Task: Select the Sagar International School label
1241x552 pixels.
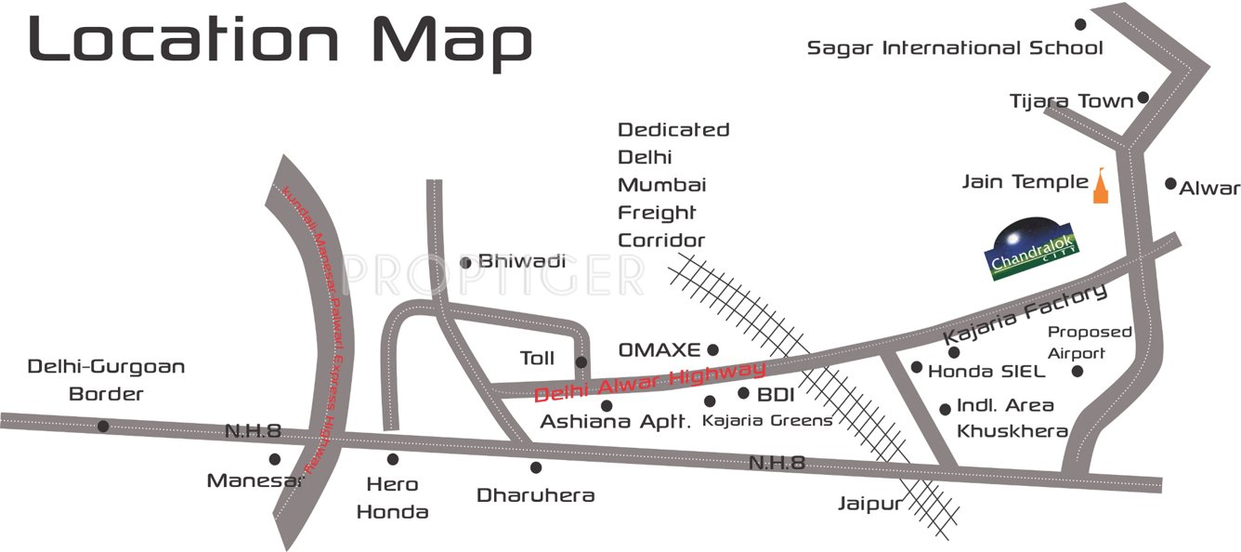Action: click(x=955, y=47)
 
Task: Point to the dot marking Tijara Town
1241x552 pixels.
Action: click(x=1143, y=98)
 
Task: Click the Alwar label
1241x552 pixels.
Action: click(x=1209, y=189)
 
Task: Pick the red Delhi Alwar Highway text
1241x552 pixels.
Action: click(x=650, y=382)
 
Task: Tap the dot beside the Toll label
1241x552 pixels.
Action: click(x=581, y=361)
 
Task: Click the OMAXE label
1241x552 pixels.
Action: click(x=659, y=350)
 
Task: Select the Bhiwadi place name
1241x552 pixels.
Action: click(x=522, y=261)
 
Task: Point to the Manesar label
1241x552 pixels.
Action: click(x=255, y=480)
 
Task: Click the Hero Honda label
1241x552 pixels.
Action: click(x=393, y=497)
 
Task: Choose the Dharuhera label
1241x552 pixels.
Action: click(x=535, y=495)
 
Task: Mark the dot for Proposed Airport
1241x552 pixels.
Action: click(x=1078, y=372)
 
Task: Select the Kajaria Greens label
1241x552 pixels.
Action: click(x=767, y=421)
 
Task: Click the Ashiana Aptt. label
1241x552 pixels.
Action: click(x=616, y=422)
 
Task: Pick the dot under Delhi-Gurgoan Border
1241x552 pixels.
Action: click(x=103, y=427)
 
